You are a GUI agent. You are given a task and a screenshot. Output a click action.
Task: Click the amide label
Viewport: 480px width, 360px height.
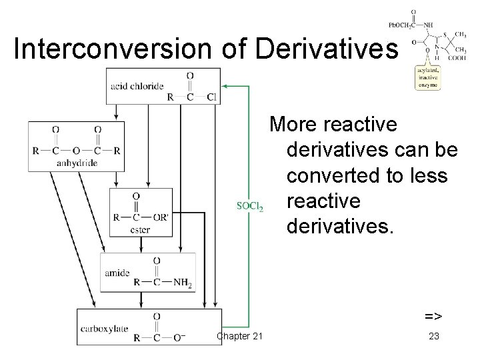tap(117, 273)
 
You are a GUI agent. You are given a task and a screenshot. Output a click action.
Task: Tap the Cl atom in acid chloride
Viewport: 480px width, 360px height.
tap(211, 96)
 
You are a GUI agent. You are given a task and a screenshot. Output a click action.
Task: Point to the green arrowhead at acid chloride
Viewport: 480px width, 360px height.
tap(224, 86)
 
